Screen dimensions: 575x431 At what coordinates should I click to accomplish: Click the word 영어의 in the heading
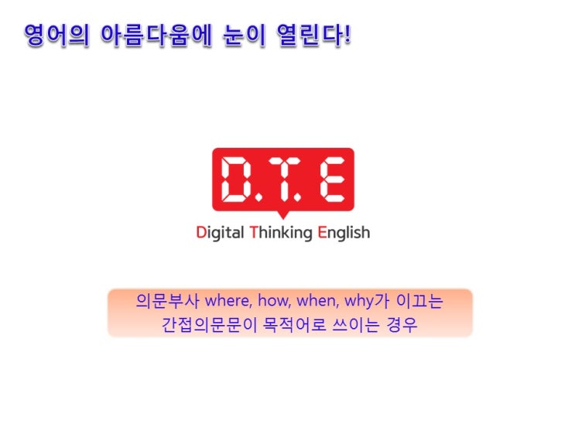56,36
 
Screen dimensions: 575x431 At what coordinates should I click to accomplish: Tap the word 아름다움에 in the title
156,36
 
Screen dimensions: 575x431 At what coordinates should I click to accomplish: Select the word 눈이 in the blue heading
245,36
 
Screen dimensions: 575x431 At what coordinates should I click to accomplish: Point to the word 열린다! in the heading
314,36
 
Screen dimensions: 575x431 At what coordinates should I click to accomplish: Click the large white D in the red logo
237,180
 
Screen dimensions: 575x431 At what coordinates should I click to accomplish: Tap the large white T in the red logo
283,180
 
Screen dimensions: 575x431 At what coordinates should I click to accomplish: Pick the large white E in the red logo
332,180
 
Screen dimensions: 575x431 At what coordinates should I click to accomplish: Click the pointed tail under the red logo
283,215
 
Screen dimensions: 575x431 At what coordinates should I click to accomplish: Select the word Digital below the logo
220,233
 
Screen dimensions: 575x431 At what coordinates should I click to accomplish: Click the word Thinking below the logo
281,233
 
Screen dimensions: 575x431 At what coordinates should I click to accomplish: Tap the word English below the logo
344,233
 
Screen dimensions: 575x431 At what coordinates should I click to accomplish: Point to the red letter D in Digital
201,232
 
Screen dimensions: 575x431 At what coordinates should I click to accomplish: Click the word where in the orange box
228,301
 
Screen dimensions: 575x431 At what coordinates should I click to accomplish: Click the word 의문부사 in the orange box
168,301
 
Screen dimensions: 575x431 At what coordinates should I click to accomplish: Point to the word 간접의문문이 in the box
209,324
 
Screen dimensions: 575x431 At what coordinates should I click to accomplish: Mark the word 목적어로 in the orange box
295,324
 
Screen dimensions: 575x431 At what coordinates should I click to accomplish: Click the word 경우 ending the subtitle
402,324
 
